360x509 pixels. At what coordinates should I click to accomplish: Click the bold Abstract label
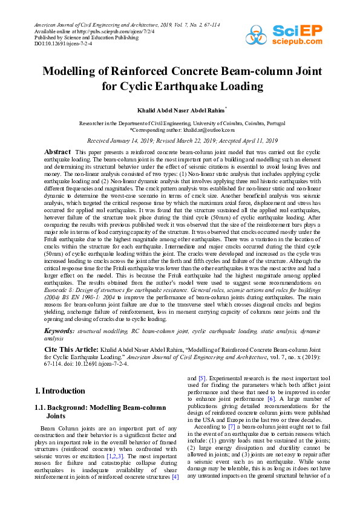pyautogui.click(x=57, y=151)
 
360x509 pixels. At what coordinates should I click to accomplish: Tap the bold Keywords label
pyautogui.click(x=60, y=331)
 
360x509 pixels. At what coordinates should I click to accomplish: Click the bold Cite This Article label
pyautogui.click(x=71, y=349)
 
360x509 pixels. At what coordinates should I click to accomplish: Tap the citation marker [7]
pyautogui.click(x=232, y=427)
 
